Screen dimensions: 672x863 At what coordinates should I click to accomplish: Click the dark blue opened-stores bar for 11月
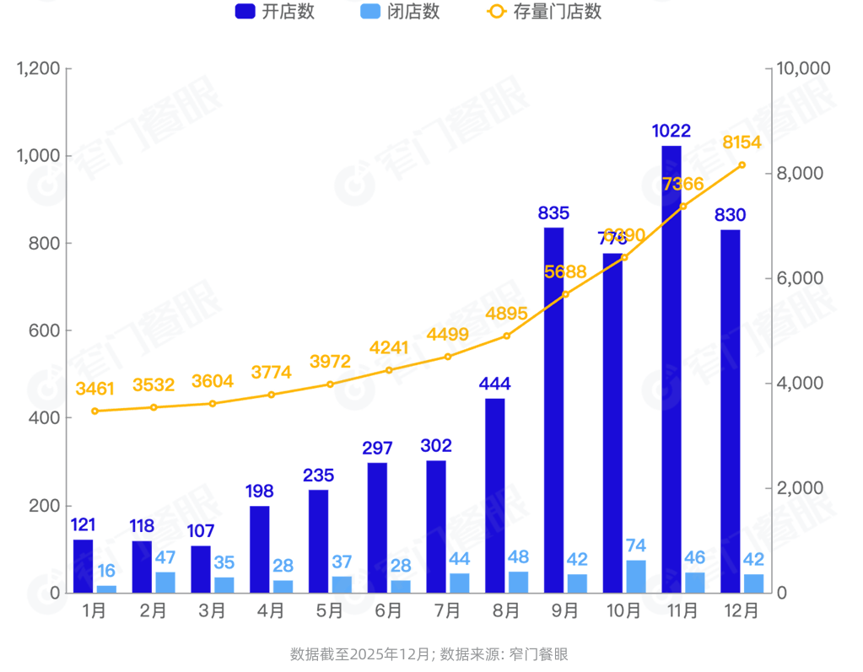pos(672,369)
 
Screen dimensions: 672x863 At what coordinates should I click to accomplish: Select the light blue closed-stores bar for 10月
pos(636,577)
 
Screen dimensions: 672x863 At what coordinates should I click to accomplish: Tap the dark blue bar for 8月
pos(495,496)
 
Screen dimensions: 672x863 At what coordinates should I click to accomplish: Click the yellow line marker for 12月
pos(742,165)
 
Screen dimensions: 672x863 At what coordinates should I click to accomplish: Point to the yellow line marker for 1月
pos(94,411)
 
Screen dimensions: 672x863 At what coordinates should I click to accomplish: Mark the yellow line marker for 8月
pos(507,336)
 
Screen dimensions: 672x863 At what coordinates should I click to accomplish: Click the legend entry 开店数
pos(275,12)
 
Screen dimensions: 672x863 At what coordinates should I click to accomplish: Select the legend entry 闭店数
pos(400,12)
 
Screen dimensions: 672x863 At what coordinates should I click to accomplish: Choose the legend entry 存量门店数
pos(544,12)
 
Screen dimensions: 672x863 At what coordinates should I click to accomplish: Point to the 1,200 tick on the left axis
pos(38,68)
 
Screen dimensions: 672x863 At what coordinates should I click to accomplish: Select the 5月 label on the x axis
pos(330,611)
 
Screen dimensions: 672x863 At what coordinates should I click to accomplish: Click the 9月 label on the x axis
pos(565,611)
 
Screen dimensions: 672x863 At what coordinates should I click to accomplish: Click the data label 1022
pos(672,131)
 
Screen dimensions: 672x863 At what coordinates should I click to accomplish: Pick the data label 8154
pos(742,142)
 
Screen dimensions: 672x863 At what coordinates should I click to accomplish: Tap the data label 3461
pos(94,389)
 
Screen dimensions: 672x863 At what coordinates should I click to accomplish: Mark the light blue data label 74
pos(636,546)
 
